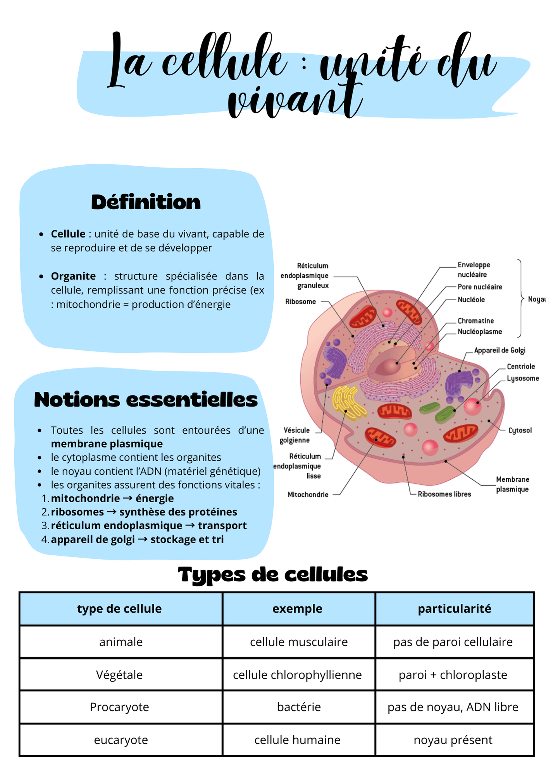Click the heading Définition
[146, 202]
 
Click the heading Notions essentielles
[146, 400]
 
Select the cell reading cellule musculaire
[299, 642]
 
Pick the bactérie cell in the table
[299, 707]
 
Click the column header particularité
[454, 609]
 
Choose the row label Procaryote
[119, 707]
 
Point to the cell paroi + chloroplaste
[453, 675]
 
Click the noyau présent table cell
[453, 740]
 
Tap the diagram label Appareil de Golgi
[499, 350]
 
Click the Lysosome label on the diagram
[523, 378]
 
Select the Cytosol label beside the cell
[520, 430]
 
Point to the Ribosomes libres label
[444, 494]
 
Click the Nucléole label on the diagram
[471, 300]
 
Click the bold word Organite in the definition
[73, 276]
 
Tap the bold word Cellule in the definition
[68, 234]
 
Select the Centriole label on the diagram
[521, 366]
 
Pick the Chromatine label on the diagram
[475, 321]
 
